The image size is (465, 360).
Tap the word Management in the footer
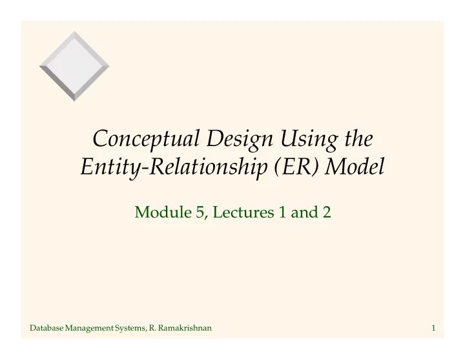(x=90, y=330)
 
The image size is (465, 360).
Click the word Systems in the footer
(x=131, y=330)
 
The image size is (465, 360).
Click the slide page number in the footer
(x=433, y=330)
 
